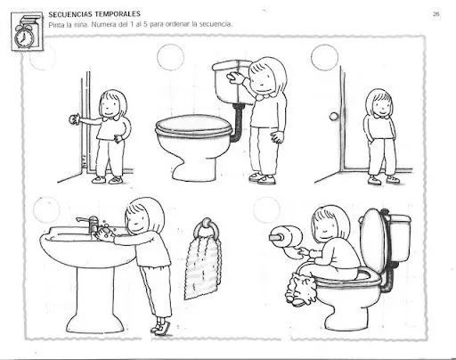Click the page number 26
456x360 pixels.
(x=436, y=14)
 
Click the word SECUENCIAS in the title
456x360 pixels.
(x=72, y=14)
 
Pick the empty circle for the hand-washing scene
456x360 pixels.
(x=46, y=210)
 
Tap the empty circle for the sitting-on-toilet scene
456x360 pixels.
(x=266, y=211)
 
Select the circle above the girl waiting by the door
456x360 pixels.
(x=325, y=57)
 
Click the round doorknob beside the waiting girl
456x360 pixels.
(x=334, y=116)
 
